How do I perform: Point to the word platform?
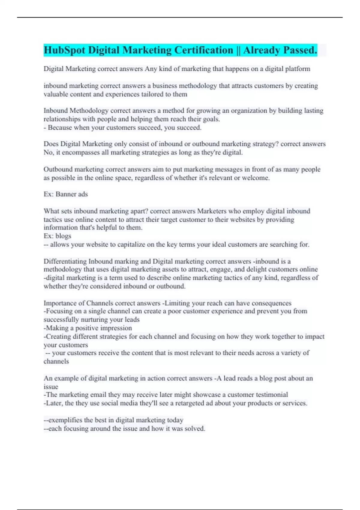(x=298, y=69)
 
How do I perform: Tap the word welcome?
(x=257, y=178)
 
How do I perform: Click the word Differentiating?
(x=65, y=261)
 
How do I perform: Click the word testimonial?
(x=270, y=394)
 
